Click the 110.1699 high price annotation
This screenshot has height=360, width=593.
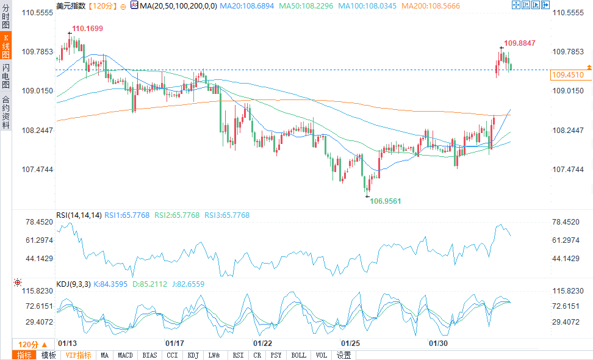[87, 29]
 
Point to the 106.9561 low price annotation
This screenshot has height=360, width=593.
[386, 200]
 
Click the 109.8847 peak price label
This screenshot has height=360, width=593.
[520, 43]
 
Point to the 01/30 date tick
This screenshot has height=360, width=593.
[438, 344]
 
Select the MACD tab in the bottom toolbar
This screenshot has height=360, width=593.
[125, 355]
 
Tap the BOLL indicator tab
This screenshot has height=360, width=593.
[299, 355]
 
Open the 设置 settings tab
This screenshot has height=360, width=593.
[343, 355]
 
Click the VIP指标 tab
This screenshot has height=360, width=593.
[78, 355]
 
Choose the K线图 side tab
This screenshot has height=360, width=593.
[5, 45]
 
